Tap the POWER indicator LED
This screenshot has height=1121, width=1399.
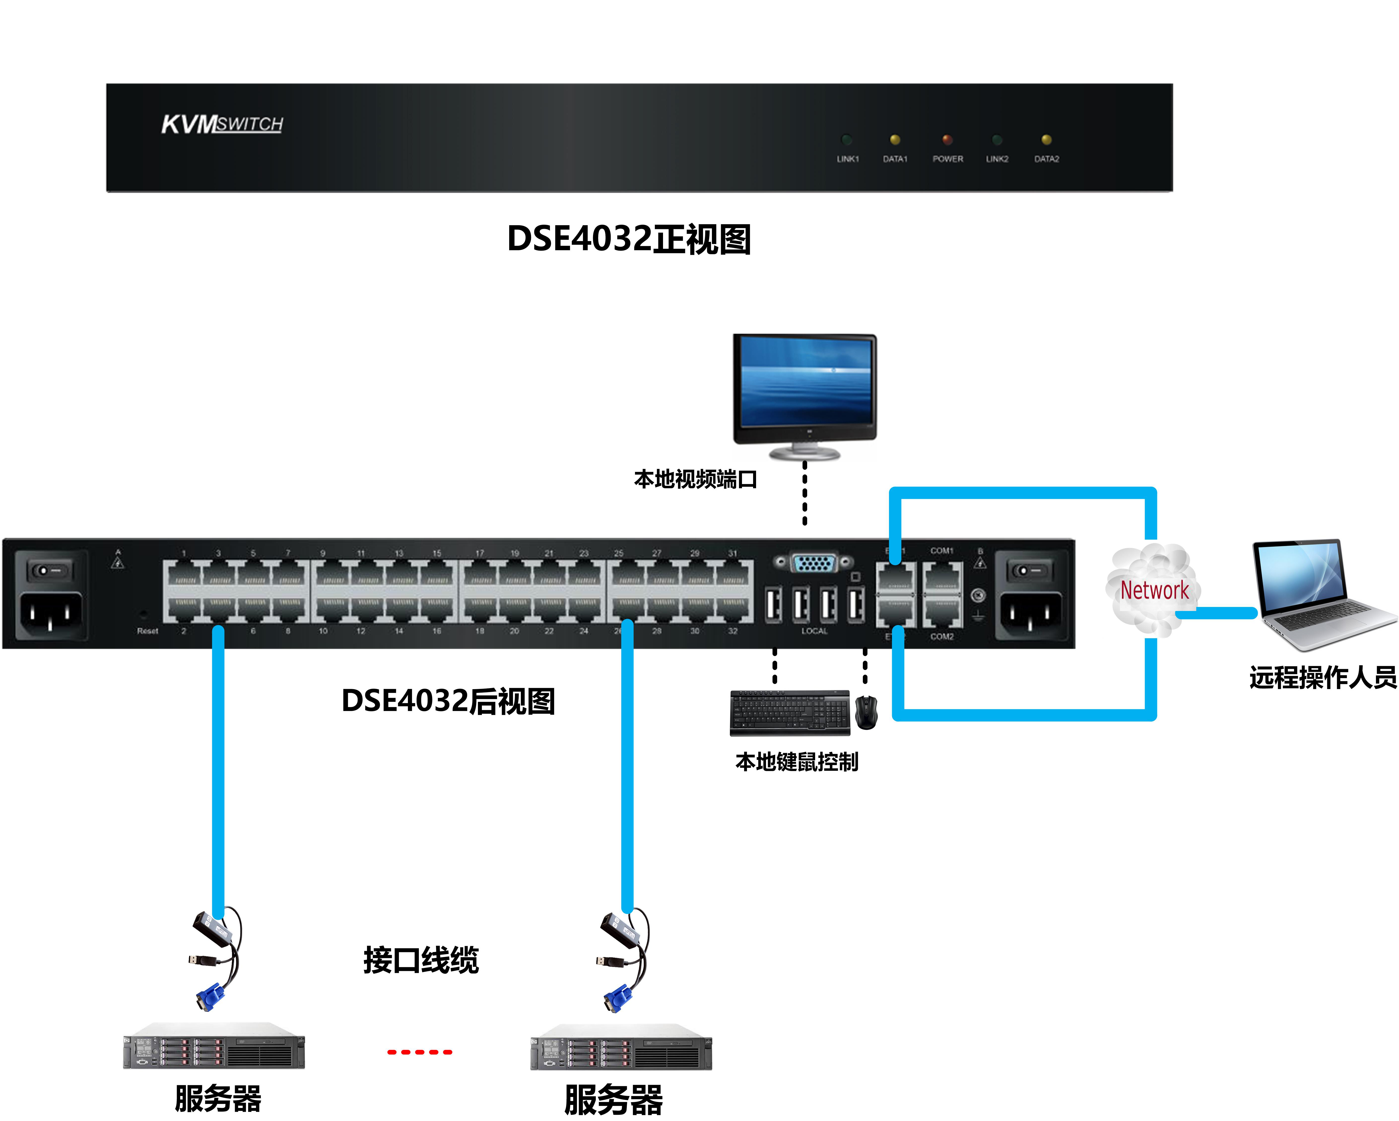pos(947,139)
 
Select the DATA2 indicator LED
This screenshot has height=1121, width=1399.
pos(1046,139)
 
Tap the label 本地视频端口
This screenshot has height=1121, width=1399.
pos(695,480)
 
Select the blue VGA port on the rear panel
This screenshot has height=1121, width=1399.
pos(814,562)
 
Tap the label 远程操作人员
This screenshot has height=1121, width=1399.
pos(1322,677)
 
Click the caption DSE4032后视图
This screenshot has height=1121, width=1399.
pos(448,701)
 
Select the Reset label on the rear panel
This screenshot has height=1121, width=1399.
pos(147,631)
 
